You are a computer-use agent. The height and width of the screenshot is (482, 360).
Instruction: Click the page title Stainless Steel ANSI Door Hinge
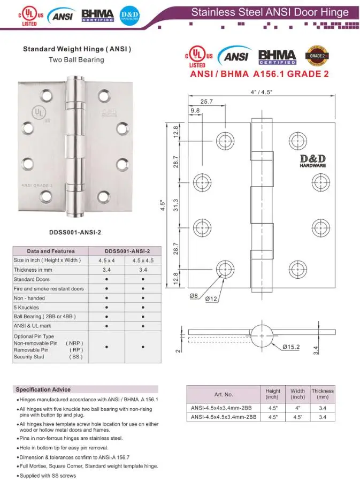click(270, 12)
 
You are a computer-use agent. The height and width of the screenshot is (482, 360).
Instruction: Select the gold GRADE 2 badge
click(316, 55)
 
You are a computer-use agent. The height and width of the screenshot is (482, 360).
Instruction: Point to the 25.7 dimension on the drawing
click(206, 101)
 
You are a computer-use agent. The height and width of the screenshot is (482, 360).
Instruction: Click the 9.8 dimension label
click(195, 111)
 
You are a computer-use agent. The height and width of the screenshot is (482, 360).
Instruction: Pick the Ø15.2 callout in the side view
click(291, 347)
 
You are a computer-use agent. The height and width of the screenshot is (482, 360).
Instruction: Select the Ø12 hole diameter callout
click(211, 299)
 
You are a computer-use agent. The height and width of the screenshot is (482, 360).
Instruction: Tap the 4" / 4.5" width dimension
click(262, 92)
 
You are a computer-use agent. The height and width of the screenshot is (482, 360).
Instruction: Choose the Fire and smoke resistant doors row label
click(49, 289)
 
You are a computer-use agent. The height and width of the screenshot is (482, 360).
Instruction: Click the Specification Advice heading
click(43, 389)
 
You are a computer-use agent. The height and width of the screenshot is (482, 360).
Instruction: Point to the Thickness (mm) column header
click(323, 394)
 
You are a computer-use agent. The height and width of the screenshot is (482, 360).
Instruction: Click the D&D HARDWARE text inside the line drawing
click(312, 160)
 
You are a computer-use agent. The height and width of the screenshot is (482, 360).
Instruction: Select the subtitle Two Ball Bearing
click(76, 59)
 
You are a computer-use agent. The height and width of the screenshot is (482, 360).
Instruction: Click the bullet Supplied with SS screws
click(48, 476)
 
